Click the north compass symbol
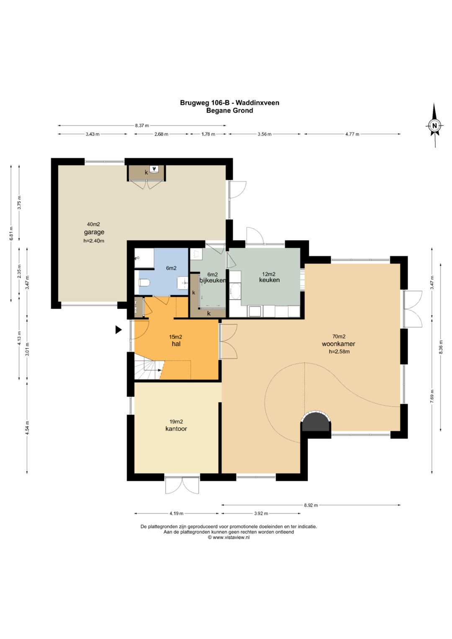pyautogui.click(x=434, y=126)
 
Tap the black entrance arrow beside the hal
pyautogui.click(x=118, y=330)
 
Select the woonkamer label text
pyautogui.click(x=339, y=344)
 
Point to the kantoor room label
pyautogui.click(x=176, y=429)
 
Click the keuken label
pyautogui.click(x=269, y=280)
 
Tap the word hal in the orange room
pyautogui.click(x=176, y=344)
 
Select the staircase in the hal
pyautogui.click(x=149, y=370)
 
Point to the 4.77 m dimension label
pyautogui.click(x=352, y=134)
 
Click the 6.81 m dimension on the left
pyautogui.click(x=11, y=233)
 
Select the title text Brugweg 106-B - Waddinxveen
pyautogui.click(x=229, y=103)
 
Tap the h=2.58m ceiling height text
pyautogui.click(x=339, y=352)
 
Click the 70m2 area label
pyautogui.click(x=339, y=336)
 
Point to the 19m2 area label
pyautogui.click(x=176, y=422)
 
